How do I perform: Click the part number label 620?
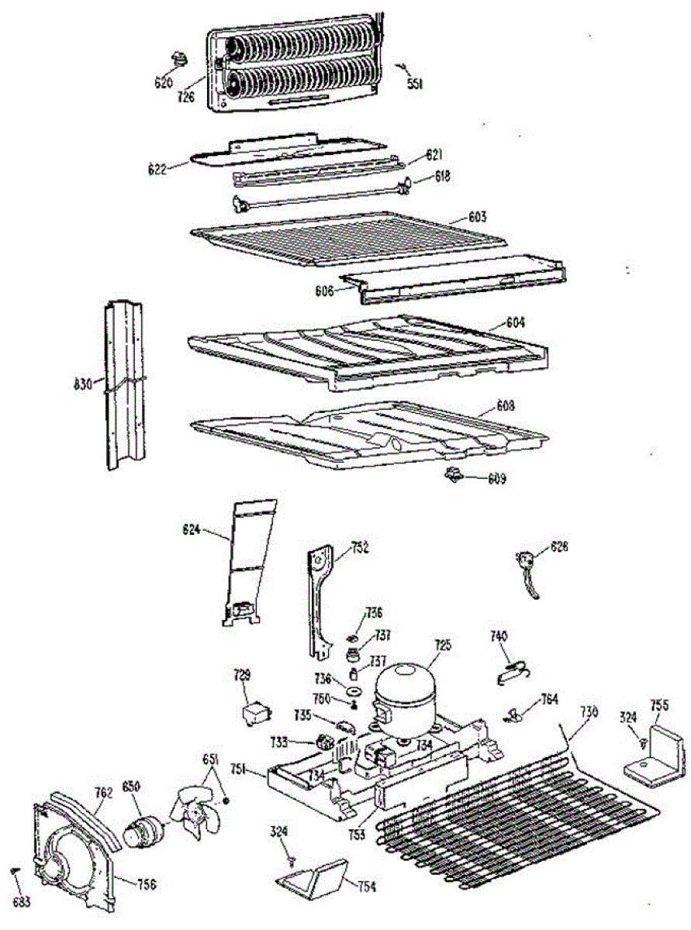click(163, 83)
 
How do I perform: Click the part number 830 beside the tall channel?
click(82, 383)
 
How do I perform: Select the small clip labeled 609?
click(451, 474)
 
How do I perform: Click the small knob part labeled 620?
click(181, 58)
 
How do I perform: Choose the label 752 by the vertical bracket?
click(358, 548)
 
